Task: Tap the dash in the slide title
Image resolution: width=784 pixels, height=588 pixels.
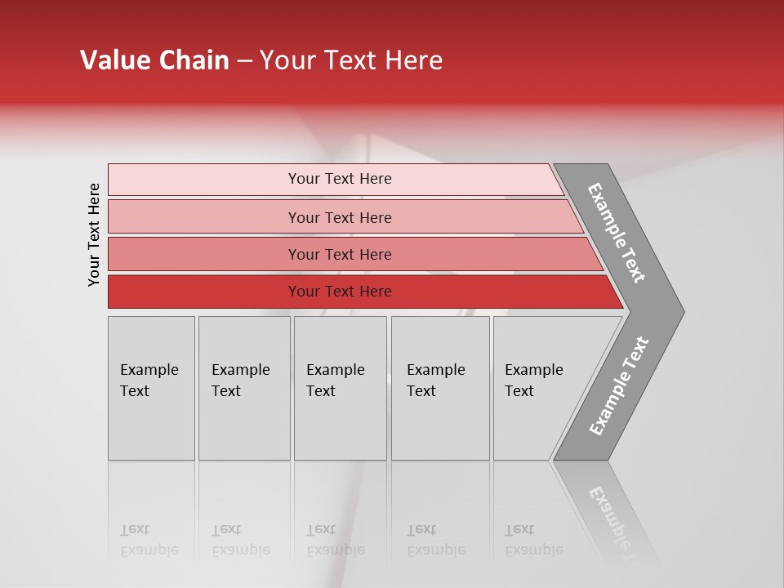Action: coord(245,61)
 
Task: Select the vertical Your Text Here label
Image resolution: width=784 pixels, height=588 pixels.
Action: coord(94,235)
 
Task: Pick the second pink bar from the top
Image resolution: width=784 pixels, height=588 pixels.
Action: coord(340,217)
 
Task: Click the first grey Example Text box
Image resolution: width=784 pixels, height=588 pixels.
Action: coord(151,387)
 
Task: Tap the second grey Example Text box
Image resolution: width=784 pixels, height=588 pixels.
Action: coord(244,387)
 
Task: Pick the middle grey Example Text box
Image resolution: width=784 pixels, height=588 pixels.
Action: coord(340,387)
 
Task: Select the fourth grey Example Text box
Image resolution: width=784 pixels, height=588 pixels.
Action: coord(440,387)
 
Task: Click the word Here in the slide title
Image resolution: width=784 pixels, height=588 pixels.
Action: coord(413,60)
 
